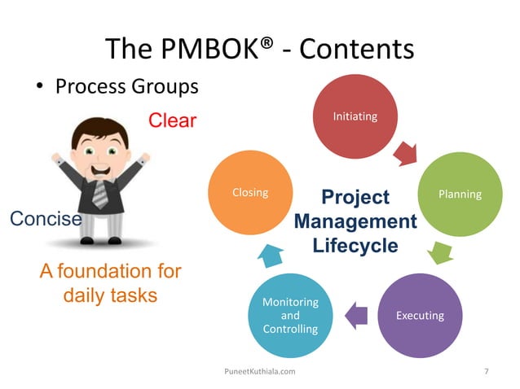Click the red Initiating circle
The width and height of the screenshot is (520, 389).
pyautogui.click(x=355, y=117)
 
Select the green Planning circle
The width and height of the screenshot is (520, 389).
pyautogui.click(x=460, y=194)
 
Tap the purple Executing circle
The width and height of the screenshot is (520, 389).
pyautogui.click(x=420, y=315)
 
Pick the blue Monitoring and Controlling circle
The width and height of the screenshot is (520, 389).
pyautogui.click(x=290, y=315)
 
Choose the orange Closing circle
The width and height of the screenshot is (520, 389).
pyautogui.click(x=250, y=194)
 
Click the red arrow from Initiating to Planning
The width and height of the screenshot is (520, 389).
pyautogui.click(x=405, y=151)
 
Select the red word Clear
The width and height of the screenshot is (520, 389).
pyautogui.click(x=172, y=121)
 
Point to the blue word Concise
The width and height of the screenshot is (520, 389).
pyautogui.click(x=45, y=219)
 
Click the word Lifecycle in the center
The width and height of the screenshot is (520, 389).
pyautogui.click(x=355, y=245)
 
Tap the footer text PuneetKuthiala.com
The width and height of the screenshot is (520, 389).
pyautogui.click(x=259, y=371)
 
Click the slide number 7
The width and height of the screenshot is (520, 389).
pyautogui.click(x=487, y=371)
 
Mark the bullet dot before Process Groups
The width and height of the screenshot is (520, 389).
pyautogui.click(x=39, y=87)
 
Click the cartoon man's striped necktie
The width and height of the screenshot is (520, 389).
pyautogui.click(x=100, y=194)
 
